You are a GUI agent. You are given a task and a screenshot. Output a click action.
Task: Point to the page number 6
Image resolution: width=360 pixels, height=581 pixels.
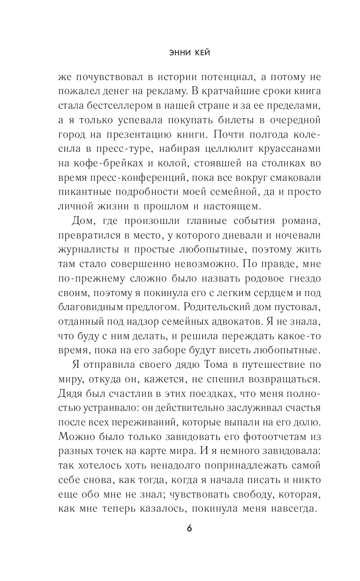pos(189,528)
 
